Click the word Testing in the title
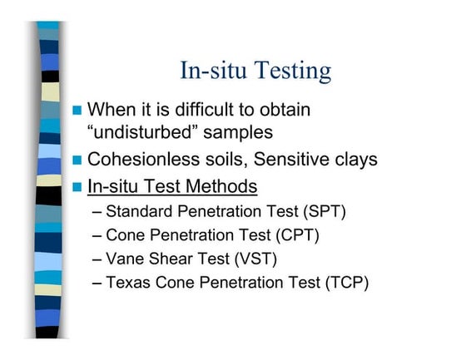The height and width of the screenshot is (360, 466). pyautogui.click(x=292, y=71)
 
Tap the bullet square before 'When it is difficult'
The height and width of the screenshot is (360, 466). pyautogui.click(x=77, y=111)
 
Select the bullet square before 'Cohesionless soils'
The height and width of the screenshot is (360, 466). pyautogui.click(x=77, y=160)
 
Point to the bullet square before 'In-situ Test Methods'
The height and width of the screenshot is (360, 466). pyautogui.click(x=77, y=187)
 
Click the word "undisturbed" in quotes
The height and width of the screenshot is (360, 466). pyautogui.click(x=142, y=132)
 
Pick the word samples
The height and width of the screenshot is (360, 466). pyautogui.click(x=238, y=133)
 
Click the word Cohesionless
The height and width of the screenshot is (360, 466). pyautogui.click(x=143, y=159)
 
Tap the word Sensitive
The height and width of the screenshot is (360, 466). pyautogui.click(x=291, y=159)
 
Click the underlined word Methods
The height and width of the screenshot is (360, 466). pyautogui.click(x=221, y=186)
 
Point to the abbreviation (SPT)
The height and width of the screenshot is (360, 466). pyautogui.click(x=325, y=212)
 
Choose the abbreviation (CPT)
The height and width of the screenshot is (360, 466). pyautogui.click(x=297, y=235)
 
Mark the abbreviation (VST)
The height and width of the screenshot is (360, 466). pyautogui.click(x=255, y=259)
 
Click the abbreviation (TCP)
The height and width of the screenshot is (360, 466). pyautogui.click(x=347, y=283)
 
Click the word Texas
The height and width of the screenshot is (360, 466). pyautogui.click(x=128, y=283)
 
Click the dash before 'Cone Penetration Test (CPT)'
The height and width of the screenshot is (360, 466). pyautogui.click(x=97, y=236)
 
